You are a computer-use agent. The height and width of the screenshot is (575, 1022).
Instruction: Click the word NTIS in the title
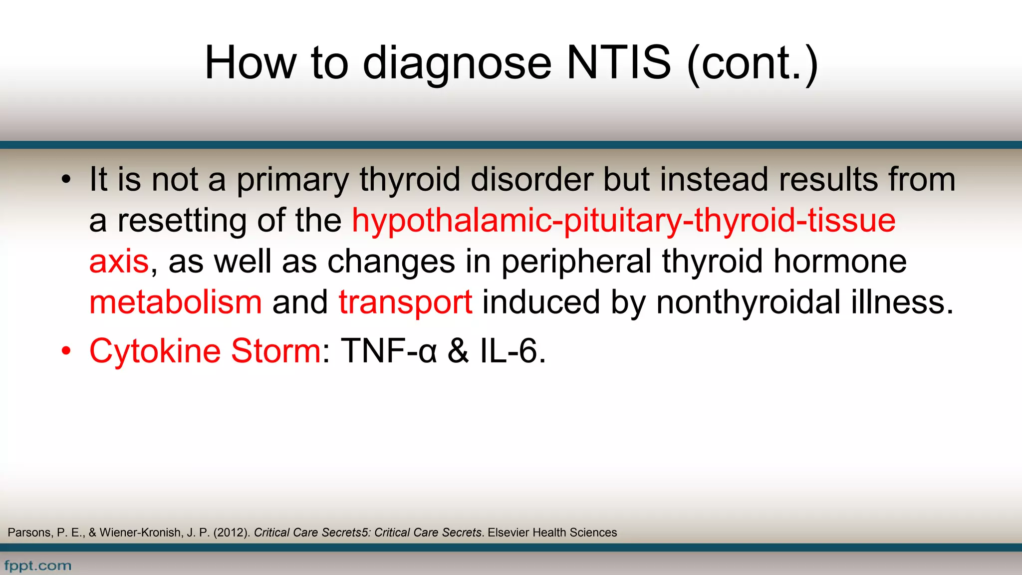coord(619,63)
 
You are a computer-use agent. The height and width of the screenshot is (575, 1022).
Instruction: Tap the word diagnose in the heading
coord(457,64)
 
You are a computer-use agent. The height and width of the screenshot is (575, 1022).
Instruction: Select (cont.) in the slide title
coord(753,63)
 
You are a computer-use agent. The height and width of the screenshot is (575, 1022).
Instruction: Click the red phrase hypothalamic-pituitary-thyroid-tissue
coord(624,221)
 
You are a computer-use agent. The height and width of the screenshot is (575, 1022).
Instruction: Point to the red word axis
coord(119,262)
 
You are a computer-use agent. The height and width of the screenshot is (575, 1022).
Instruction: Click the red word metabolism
coord(175,302)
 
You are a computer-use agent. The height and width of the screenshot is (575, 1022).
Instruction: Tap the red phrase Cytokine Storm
coord(205,351)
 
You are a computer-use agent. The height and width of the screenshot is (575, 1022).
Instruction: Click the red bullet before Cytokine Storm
coord(66,351)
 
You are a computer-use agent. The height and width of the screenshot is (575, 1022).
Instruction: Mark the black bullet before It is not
coord(66,180)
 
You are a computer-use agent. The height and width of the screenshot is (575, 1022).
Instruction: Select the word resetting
coord(182,221)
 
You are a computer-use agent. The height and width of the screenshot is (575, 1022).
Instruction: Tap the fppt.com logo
coord(38,566)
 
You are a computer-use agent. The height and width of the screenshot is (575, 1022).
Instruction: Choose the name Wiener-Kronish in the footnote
coord(140,533)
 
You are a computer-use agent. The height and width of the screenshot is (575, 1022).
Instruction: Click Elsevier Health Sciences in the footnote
coord(552,533)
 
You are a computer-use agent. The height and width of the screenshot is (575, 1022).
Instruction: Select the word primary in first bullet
coord(292,180)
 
